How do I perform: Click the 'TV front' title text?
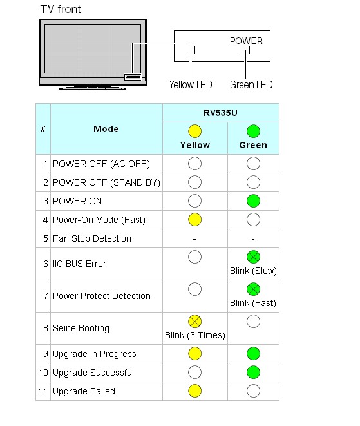pyautogui.click(x=61, y=10)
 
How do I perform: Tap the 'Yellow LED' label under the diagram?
pyautogui.click(x=191, y=85)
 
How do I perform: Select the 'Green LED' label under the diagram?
pyautogui.click(x=251, y=85)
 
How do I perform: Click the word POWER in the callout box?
pyautogui.click(x=246, y=41)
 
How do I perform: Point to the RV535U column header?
pyautogui.click(x=220, y=113)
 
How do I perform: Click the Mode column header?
pyautogui.click(x=106, y=129)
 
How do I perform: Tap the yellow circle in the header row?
pyautogui.click(x=195, y=131)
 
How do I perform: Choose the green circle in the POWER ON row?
pyautogui.click(x=253, y=201)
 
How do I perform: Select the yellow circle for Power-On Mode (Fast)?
pyautogui.click(x=195, y=220)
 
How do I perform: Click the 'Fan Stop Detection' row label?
pyautogui.click(x=92, y=238)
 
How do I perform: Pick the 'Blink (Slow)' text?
pyautogui.click(x=253, y=271)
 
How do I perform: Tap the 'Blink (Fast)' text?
pyautogui.click(x=253, y=303)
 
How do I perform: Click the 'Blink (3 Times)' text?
pyautogui.click(x=195, y=335)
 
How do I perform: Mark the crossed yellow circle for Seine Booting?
pyautogui.click(x=195, y=322)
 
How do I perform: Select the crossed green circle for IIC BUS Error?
pyautogui.click(x=253, y=257)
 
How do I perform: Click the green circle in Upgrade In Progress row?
pyautogui.click(x=253, y=354)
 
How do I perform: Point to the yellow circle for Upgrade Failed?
pyautogui.click(x=195, y=391)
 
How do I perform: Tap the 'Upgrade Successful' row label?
pyautogui.click(x=93, y=373)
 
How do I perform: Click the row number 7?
pyautogui.click(x=46, y=296)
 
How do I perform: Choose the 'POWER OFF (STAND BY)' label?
pyautogui.click(x=106, y=182)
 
